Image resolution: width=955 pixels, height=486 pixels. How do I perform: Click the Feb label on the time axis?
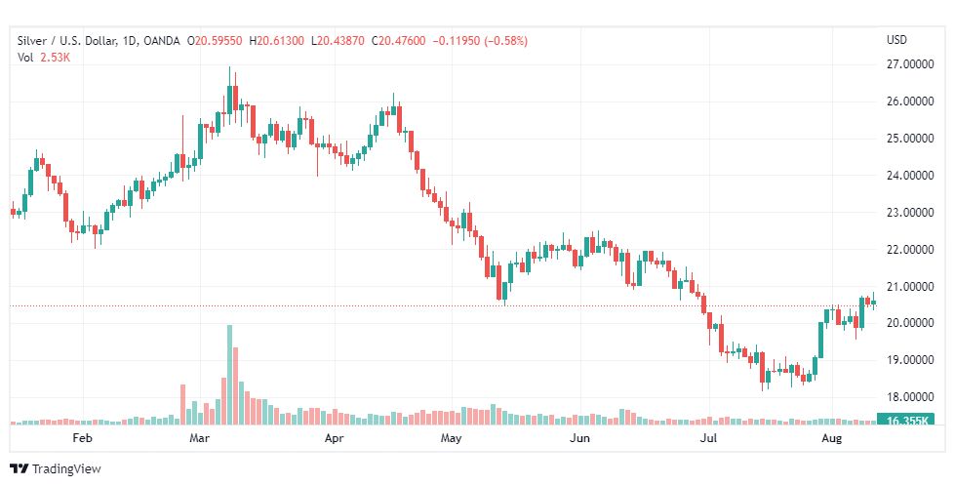click(83, 439)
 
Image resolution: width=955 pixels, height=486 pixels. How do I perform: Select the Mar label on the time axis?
click(200, 439)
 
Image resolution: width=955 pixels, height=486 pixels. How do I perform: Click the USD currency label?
click(896, 40)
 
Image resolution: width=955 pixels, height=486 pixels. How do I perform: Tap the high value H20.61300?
click(277, 40)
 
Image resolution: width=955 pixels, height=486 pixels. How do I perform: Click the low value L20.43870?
click(339, 40)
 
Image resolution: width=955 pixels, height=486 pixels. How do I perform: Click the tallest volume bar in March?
click(230, 376)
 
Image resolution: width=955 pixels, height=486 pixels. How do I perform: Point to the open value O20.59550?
click(217, 40)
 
